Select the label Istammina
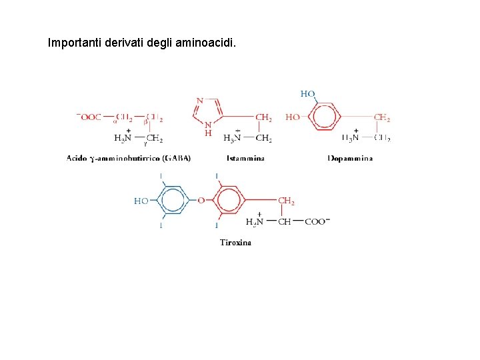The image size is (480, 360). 245,159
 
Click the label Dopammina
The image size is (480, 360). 350,159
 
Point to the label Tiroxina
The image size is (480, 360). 236,243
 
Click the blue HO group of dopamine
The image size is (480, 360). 307,94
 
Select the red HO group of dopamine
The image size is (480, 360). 293,117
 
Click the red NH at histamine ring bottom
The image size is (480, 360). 208,129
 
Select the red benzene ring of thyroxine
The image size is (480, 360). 229,199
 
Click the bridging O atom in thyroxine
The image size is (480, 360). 201,199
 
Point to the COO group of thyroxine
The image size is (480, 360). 317,222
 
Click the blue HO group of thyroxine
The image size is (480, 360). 141,200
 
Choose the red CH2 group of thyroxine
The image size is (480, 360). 286,201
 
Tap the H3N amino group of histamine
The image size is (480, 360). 232,139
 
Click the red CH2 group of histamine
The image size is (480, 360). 263,117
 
